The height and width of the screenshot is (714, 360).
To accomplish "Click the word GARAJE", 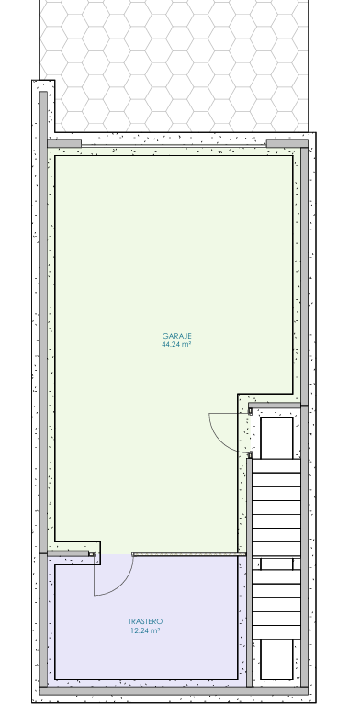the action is pyautogui.click(x=177, y=336).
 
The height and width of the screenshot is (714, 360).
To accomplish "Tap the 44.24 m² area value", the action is pyautogui.click(x=176, y=345).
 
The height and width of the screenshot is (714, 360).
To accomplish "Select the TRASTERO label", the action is pyautogui.click(x=145, y=621).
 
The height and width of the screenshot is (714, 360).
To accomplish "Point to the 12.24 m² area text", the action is pyautogui.click(x=145, y=630).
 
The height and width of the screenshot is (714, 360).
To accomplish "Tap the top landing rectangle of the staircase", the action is pyautogui.click(x=276, y=438).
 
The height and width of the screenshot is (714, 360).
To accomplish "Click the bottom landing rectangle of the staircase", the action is pyautogui.click(x=276, y=659).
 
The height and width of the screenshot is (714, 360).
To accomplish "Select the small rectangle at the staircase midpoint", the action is pyautogui.click(x=276, y=564).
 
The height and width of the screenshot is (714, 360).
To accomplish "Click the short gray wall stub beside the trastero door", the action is pyautogui.click(x=68, y=553).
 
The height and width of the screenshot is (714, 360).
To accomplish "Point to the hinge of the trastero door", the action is pyautogui.click(x=93, y=554).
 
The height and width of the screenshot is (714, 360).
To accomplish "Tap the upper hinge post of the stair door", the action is pyautogui.click(x=250, y=411).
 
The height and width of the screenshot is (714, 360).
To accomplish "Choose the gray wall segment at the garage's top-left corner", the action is pyautogui.click(x=64, y=144).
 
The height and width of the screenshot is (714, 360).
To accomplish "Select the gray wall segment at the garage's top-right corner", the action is pyautogui.click(x=287, y=144).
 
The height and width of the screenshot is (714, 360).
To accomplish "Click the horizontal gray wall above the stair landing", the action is pyautogui.click(x=275, y=406).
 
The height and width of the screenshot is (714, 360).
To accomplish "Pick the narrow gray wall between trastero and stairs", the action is pyautogui.click(x=249, y=573).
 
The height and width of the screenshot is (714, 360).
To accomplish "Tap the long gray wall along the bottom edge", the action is pyautogui.click(x=174, y=691).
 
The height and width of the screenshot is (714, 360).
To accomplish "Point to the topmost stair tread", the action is pyautogui.click(x=276, y=466).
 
